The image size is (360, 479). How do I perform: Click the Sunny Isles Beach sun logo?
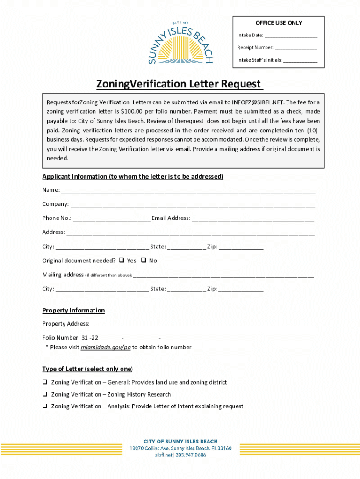pos(180,43)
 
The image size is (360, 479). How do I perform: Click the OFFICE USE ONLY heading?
pos(279,23)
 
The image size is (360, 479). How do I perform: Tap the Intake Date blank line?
pos(291,36)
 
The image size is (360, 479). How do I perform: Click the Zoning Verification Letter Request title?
pos(180,84)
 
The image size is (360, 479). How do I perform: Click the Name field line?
pos(188,191)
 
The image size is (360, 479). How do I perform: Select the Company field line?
pos(193,205)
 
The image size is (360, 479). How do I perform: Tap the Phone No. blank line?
pos(112,218)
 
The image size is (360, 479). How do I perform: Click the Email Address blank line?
pos(253,218)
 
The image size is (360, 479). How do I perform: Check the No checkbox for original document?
pos(144,261)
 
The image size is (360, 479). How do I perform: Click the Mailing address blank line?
pos(223,276)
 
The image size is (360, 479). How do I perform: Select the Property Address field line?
pos(202,324)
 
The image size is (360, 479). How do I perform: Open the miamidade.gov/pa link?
pos(106,348)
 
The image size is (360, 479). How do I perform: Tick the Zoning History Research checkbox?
pos(45,394)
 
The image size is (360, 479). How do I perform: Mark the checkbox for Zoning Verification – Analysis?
pos(45,406)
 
